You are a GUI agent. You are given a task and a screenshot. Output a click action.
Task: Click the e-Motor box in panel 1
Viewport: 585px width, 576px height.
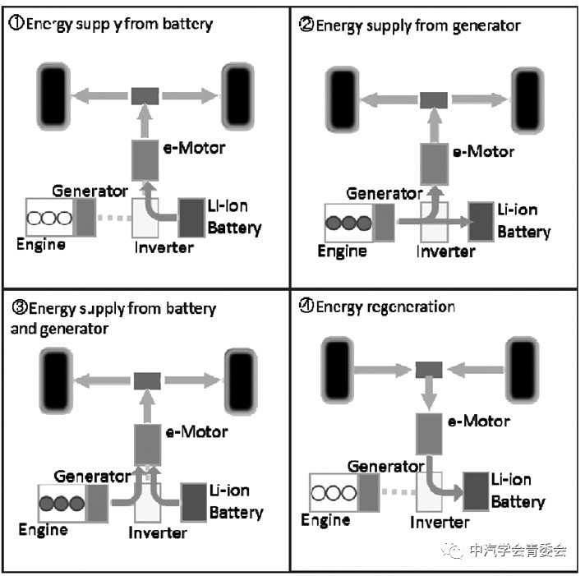(x=145, y=157)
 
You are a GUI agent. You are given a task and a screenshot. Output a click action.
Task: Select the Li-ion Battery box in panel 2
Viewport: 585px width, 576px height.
(x=481, y=220)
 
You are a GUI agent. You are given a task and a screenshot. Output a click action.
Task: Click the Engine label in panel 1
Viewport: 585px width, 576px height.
(x=41, y=244)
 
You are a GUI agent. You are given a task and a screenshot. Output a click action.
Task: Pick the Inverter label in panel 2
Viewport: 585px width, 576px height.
(x=446, y=251)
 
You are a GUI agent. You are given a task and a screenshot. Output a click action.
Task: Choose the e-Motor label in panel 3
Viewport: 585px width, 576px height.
(x=196, y=431)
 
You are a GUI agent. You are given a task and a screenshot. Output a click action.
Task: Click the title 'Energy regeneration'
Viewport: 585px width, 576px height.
(x=385, y=306)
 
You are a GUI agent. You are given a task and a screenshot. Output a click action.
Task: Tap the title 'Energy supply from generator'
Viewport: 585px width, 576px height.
(x=417, y=25)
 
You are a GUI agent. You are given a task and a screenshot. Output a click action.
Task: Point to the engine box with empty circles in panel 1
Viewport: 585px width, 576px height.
(x=49, y=219)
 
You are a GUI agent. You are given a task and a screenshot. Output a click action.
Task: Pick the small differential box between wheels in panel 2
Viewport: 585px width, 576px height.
(x=433, y=99)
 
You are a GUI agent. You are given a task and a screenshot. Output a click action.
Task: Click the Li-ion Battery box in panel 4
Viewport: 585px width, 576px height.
(x=477, y=491)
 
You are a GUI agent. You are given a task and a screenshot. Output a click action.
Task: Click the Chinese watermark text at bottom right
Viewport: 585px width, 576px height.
(x=516, y=551)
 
